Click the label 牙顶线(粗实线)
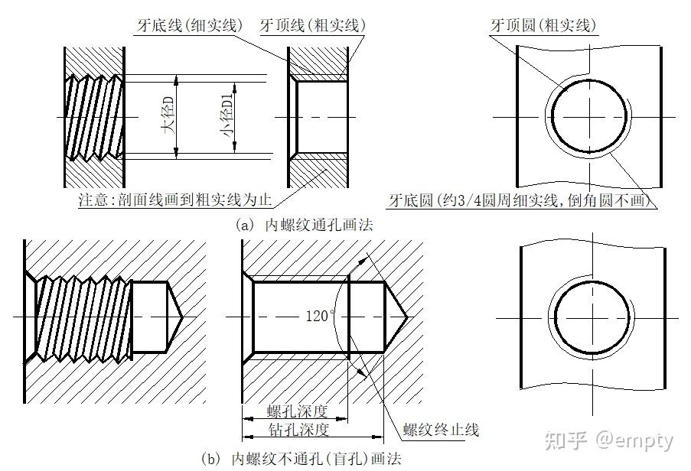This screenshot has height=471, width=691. tap(313, 25)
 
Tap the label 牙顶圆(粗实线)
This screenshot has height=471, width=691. tap(543, 25)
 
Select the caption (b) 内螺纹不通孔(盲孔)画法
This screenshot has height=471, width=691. tap(300, 460)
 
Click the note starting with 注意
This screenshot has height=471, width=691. tap(175, 200)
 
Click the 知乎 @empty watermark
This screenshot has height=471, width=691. tap(608, 440)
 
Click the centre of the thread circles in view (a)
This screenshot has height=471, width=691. tap(590, 117)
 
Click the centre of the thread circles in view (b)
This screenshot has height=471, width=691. tap(592, 317)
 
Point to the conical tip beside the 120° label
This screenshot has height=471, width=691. tap(396, 316)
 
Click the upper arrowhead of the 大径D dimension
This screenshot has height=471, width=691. tap(177, 79)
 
